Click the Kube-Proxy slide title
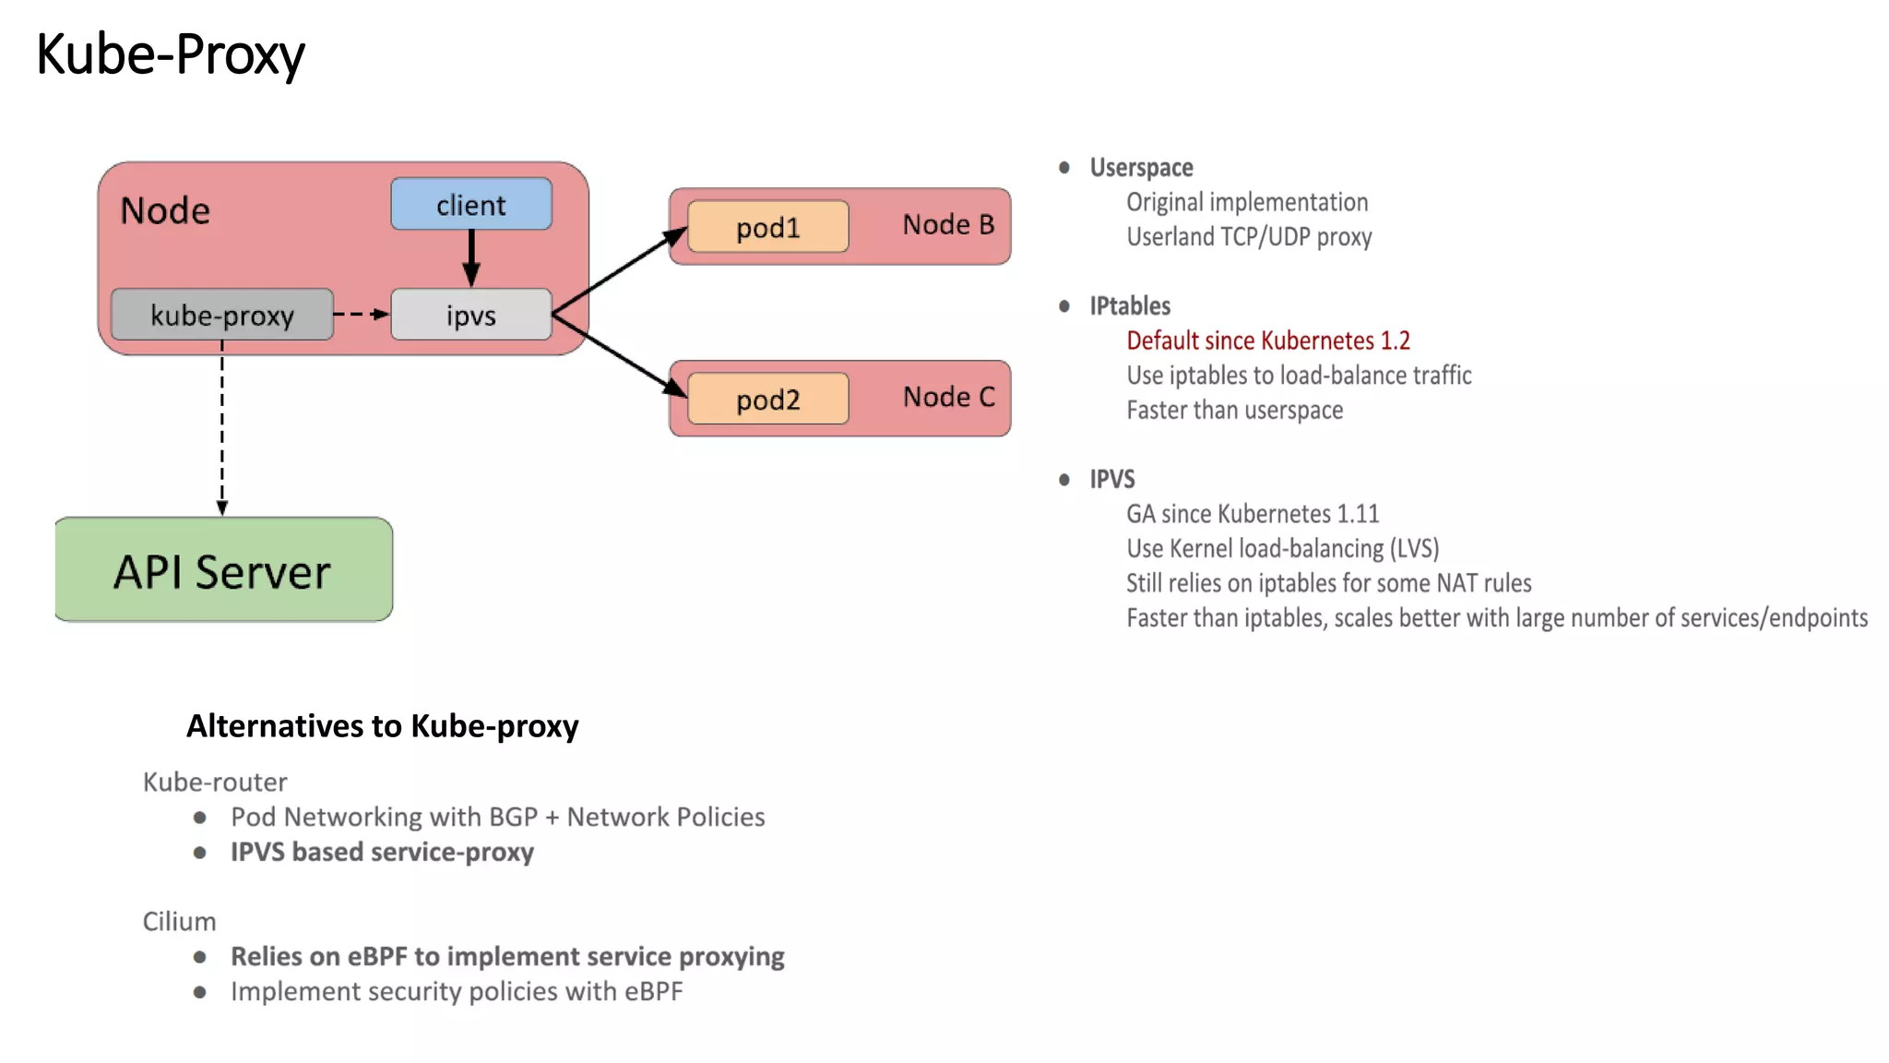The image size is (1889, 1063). (171, 54)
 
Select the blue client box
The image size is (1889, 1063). (470, 204)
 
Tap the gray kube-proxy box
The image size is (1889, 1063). (221, 315)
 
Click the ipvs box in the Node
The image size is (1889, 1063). (470, 315)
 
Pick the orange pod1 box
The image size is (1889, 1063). (767, 227)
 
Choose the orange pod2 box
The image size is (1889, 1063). (767, 399)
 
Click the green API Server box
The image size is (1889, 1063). (223, 570)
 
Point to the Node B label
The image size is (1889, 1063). (947, 224)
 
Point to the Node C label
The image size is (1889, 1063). (948, 397)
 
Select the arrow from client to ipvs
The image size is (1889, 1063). (471, 257)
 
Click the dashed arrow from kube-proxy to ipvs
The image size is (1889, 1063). (361, 314)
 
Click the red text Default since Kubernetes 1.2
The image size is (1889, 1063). (1267, 340)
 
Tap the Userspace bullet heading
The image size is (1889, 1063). (1141, 167)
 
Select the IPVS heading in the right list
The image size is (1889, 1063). (1111, 479)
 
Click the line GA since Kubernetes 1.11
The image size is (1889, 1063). (1252, 513)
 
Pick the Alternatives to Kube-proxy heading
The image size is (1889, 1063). (382, 726)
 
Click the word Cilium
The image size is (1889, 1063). (179, 921)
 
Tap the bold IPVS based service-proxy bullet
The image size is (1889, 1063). (382, 852)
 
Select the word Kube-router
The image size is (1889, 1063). (215, 782)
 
